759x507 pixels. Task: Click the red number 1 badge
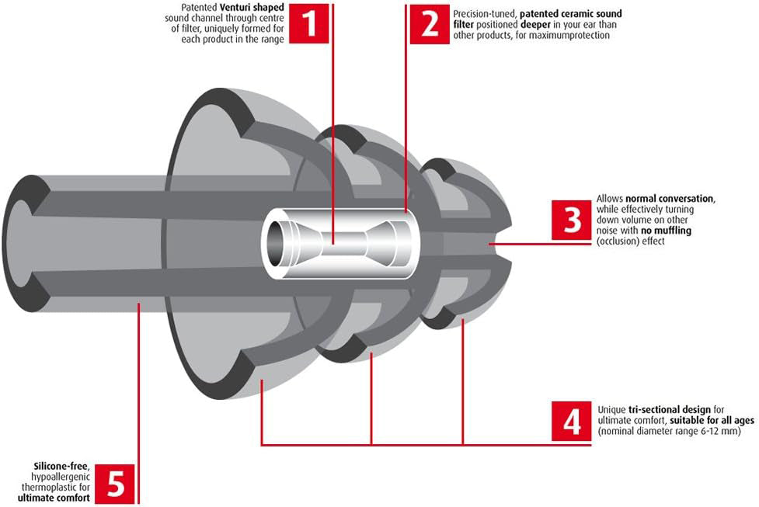point(309,23)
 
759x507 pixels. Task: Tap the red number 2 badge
point(430,23)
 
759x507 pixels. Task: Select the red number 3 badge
point(571,220)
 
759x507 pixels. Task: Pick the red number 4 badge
point(571,421)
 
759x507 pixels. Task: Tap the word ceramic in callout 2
point(573,14)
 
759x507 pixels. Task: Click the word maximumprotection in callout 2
point(572,36)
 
